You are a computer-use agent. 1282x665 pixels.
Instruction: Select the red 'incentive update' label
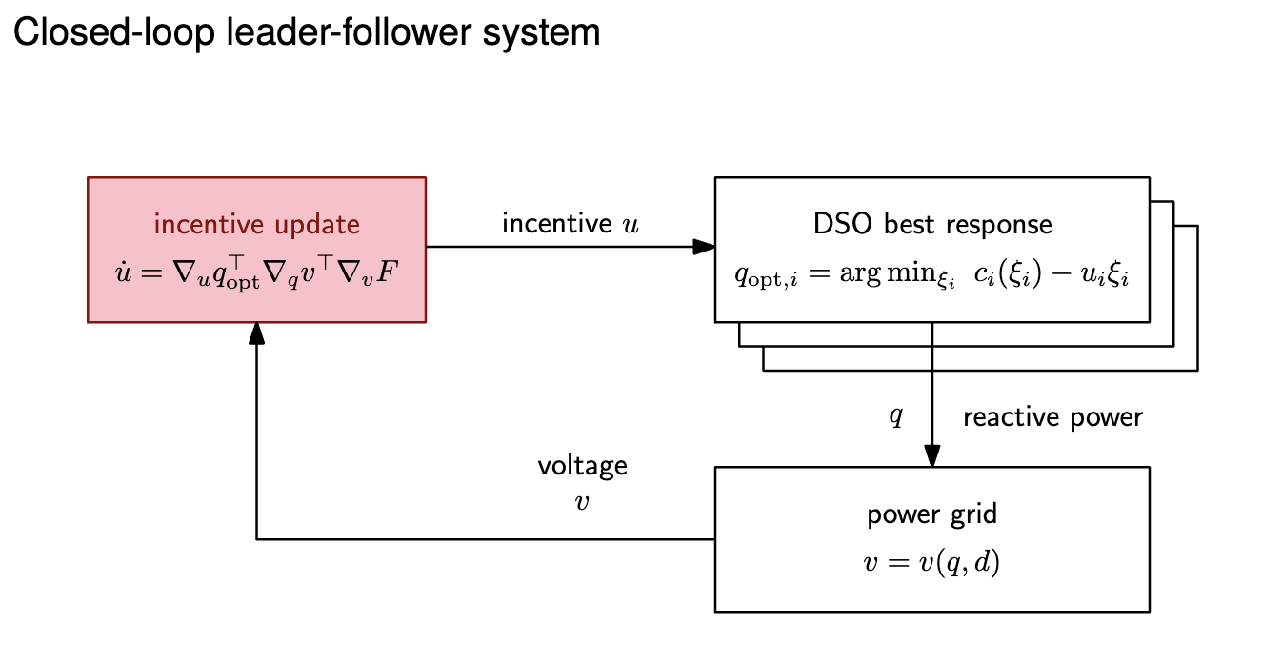pyautogui.click(x=256, y=224)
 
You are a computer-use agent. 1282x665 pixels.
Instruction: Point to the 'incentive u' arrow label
pyautogui.click(x=571, y=224)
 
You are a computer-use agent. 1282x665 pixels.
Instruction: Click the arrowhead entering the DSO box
pyautogui.click(x=704, y=247)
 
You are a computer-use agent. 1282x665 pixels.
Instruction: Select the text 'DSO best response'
pyautogui.click(x=931, y=224)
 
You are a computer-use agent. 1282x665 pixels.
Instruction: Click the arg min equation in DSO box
pyautogui.click(x=931, y=274)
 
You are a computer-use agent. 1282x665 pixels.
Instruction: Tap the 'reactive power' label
pyautogui.click(x=1052, y=417)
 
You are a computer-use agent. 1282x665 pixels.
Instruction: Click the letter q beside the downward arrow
pyautogui.click(x=895, y=416)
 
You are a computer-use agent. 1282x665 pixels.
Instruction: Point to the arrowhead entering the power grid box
pyautogui.click(x=931, y=455)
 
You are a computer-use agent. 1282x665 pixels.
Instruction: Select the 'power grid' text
pyautogui.click(x=931, y=514)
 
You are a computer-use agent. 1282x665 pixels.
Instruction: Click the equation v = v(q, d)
pyautogui.click(x=931, y=562)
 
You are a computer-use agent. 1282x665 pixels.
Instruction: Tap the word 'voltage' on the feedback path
pyautogui.click(x=582, y=466)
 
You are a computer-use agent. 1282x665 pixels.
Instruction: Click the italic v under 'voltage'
pyautogui.click(x=582, y=502)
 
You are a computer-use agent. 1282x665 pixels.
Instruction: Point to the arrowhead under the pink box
pyautogui.click(x=256, y=333)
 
